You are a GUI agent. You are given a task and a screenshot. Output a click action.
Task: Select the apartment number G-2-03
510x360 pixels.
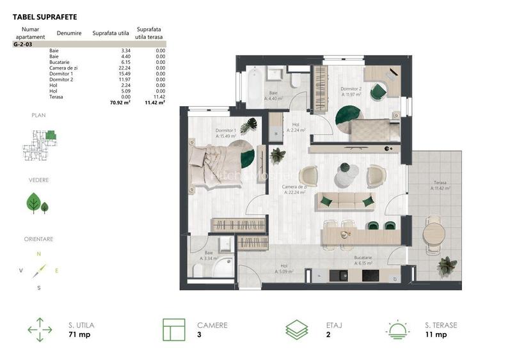(x=22, y=45)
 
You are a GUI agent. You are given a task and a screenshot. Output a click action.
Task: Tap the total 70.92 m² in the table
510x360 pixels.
(x=120, y=102)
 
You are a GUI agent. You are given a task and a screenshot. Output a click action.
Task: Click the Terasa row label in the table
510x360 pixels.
(x=56, y=97)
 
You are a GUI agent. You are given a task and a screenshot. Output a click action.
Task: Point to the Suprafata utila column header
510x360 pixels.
(x=111, y=33)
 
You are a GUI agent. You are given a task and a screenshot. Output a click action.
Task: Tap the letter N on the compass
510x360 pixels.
(x=38, y=254)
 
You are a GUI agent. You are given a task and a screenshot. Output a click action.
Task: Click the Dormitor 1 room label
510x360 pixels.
(x=226, y=133)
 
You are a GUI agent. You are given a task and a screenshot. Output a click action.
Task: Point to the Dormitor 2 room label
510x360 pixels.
(x=351, y=91)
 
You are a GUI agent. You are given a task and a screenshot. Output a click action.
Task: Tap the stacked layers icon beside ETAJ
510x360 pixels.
(x=297, y=329)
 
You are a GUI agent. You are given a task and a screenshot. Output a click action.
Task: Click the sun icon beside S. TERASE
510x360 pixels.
(x=397, y=329)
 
